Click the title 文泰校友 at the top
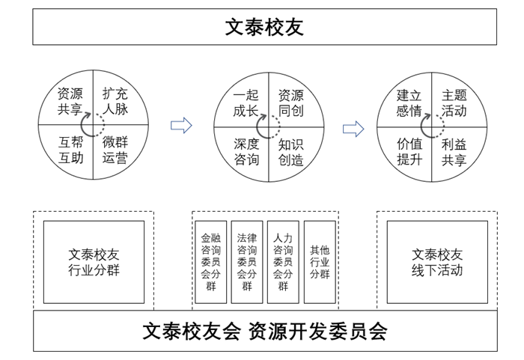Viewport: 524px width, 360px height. [x=264, y=27]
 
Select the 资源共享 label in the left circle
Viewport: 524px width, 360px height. [x=70, y=103]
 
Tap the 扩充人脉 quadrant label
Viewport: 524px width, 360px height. [x=115, y=103]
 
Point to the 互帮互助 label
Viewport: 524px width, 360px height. [x=70, y=149]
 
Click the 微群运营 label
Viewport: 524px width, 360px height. [x=115, y=149]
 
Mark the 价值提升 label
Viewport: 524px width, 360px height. [x=409, y=150]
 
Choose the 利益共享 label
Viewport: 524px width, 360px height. [x=454, y=150]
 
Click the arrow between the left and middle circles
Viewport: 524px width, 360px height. [x=181, y=125]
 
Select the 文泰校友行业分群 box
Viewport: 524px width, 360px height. [x=94, y=262]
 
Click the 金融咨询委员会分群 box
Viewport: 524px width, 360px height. [x=210, y=262]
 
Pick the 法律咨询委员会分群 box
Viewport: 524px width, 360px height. [x=246, y=262]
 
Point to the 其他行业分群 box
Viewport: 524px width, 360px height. [x=320, y=262]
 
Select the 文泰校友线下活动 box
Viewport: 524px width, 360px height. [x=437, y=262]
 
